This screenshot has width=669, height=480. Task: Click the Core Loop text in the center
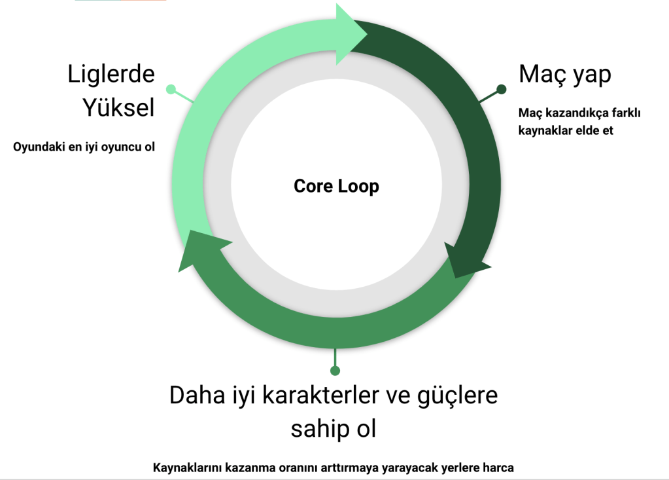336,186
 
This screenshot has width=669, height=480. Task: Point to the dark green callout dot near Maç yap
502,88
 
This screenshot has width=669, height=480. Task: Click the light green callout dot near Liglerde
171,88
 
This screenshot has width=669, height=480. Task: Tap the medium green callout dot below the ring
335,371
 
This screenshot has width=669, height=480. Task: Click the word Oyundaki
37,147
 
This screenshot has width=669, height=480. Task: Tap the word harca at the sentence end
498,468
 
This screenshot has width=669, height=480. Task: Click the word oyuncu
122,147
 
